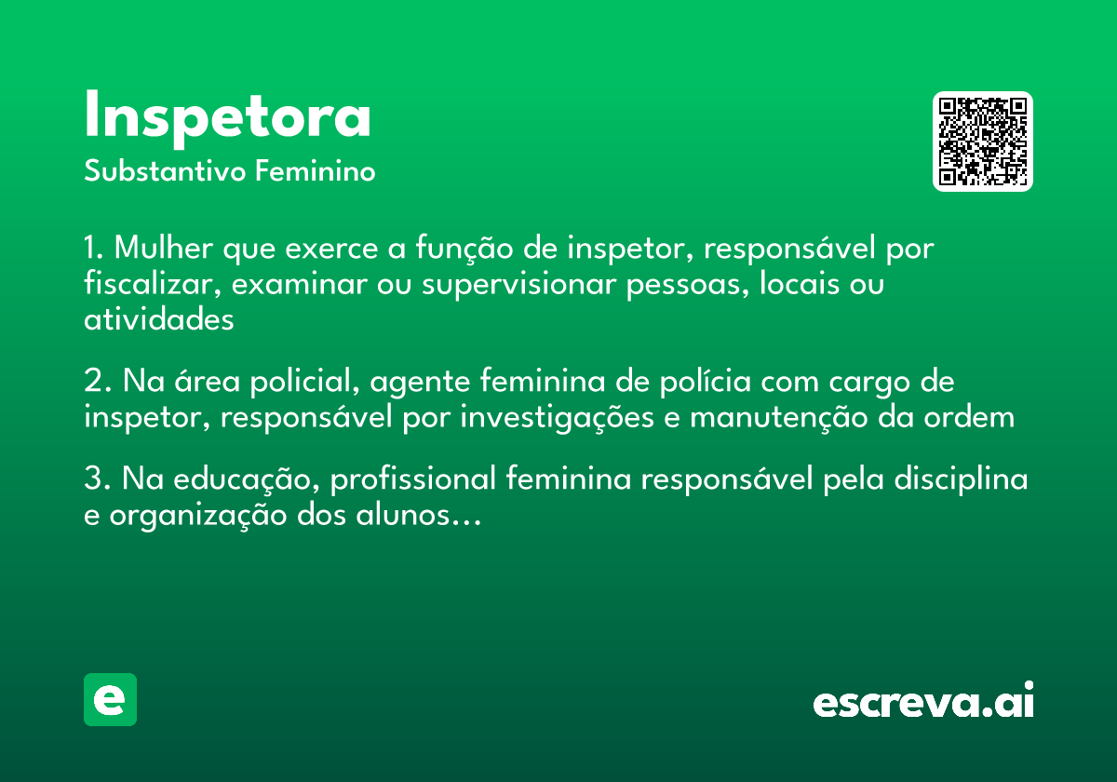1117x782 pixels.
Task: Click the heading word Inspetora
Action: (227, 117)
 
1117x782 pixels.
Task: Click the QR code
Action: (983, 142)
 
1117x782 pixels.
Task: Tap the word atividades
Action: (159, 318)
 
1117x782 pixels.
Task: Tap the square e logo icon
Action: (110, 699)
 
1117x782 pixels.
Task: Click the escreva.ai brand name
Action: (923, 701)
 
